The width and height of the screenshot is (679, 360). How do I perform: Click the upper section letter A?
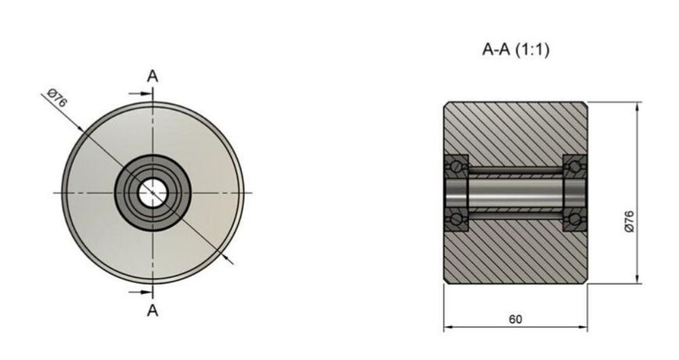click(153, 76)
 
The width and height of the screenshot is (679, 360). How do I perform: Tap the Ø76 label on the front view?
click(57, 98)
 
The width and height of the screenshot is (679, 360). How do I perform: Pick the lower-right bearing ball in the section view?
click(575, 219)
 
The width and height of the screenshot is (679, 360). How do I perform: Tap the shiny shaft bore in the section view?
click(516, 192)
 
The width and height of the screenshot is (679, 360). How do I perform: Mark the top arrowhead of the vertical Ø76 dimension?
click(638, 106)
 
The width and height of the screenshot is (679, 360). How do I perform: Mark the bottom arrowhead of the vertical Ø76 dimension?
click(638, 279)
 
